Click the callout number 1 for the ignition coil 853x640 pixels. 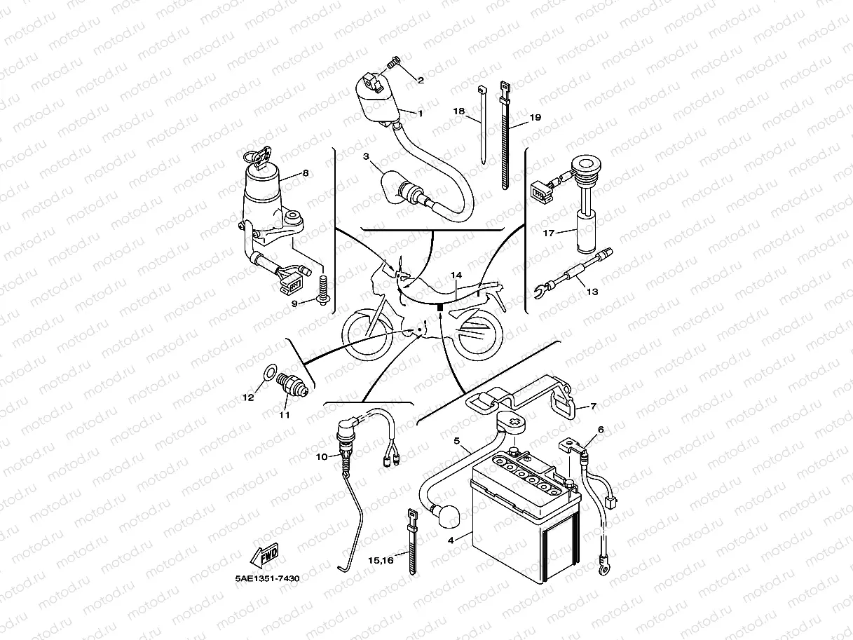(x=421, y=113)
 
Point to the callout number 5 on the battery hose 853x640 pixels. (x=456, y=441)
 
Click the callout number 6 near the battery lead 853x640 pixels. (x=600, y=430)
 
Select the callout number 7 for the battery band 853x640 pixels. (x=593, y=406)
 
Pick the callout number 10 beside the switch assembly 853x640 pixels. (x=321, y=457)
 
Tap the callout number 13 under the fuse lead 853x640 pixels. (x=592, y=292)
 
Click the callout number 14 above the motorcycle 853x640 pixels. (x=456, y=275)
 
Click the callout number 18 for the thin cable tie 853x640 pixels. (x=459, y=111)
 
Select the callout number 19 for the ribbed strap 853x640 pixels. (x=535, y=118)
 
